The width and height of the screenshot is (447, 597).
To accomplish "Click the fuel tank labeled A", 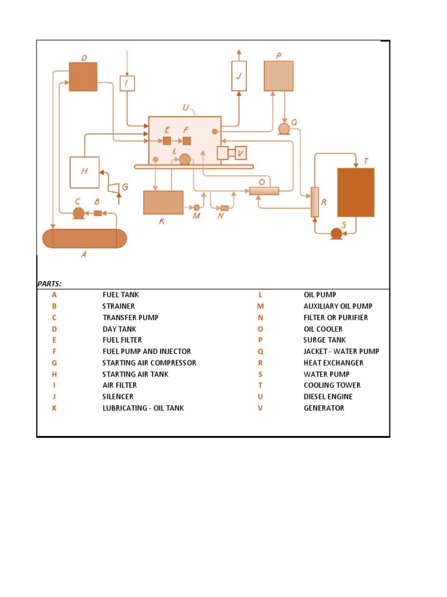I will pos(84,238).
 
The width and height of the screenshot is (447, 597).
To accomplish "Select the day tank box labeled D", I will pos(83,76).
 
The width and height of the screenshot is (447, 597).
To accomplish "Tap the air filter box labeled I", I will pos(127,83).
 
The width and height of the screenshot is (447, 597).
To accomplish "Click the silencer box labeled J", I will pos(239,76).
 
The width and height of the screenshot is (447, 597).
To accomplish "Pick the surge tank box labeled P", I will pos(278,76).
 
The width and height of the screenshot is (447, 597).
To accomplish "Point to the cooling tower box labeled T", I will pos(356,192).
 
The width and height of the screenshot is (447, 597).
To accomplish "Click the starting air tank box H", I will pos(84,172).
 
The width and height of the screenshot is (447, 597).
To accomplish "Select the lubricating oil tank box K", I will pos(163,202).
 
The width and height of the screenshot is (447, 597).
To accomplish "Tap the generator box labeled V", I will pos(240,153).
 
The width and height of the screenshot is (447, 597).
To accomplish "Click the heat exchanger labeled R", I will pos(315,202).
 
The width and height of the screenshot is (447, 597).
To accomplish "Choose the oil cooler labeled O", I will pos(264,191).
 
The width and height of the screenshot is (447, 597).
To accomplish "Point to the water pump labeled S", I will pos(336,233).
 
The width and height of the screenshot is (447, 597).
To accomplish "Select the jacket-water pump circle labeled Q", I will pos(284,129).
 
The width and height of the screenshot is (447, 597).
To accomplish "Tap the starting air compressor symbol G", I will pos(115,187).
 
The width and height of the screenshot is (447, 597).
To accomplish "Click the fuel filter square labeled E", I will pos(166,141).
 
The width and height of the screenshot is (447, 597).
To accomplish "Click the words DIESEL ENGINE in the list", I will pos(328,396).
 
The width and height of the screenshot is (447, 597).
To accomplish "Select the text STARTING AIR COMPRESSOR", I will pos(149,363).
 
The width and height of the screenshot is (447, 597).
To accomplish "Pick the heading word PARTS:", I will pos(49,284).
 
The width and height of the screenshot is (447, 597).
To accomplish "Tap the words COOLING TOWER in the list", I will pos(332,385).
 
